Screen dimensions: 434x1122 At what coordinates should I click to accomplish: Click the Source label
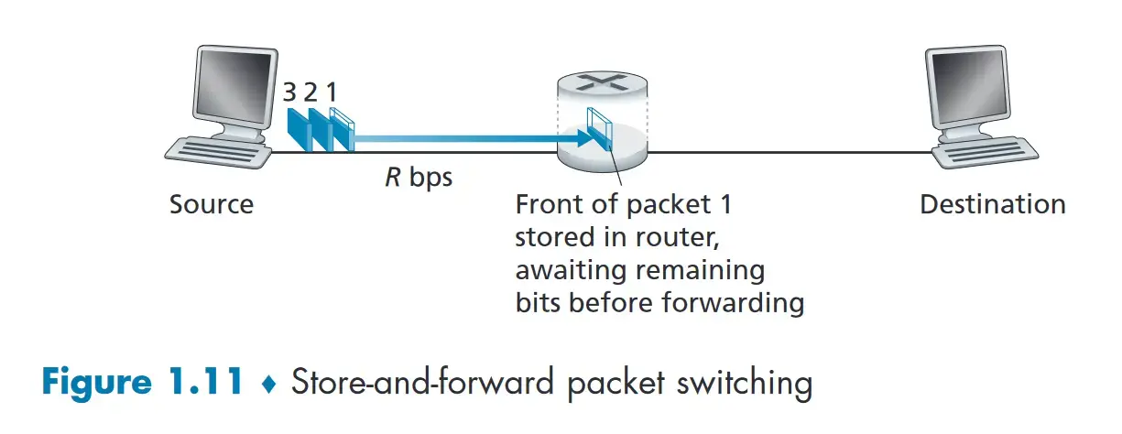tap(212, 204)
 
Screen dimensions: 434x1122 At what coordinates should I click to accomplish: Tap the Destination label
tap(993, 204)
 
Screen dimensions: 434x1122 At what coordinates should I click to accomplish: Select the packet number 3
tap(290, 92)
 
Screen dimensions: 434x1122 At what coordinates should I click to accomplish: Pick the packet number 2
tap(311, 92)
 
